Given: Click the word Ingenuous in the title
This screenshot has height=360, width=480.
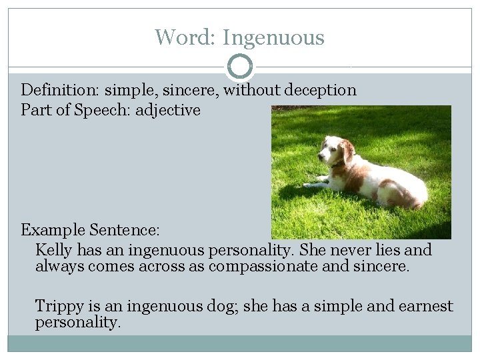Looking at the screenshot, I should [x=273, y=37].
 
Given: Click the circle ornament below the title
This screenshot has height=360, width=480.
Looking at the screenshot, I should [x=240, y=67].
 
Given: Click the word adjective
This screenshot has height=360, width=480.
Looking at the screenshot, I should [x=168, y=110].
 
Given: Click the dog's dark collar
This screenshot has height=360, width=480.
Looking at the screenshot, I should [x=340, y=163].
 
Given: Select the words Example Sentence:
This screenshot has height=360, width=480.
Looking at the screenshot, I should [x=90, y=231].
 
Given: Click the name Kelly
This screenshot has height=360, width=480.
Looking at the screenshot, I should [x=54, y=251].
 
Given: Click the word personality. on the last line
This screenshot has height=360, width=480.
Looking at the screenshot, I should [x=78, y=323].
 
